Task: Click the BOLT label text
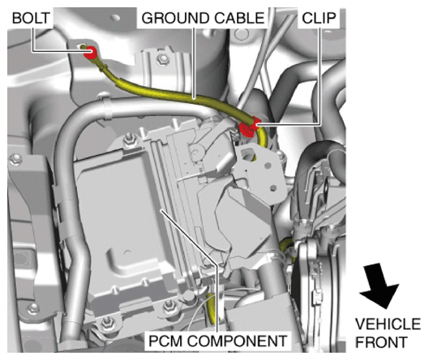[x=31, y=19]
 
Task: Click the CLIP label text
[x=319, y=19]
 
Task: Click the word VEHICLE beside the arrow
[x=388, y=324]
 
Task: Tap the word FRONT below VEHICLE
[x=381, y=342]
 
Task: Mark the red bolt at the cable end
[x=90, y=53]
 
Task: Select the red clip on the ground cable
[x=249, y=126]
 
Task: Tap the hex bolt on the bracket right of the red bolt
[x=163, y=58]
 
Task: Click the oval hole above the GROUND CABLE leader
[x=115, y=18]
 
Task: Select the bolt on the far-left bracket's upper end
[x=15, y=160]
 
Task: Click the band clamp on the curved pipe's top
[x=108, y=107]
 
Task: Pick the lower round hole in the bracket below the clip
[x=272, y=188]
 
